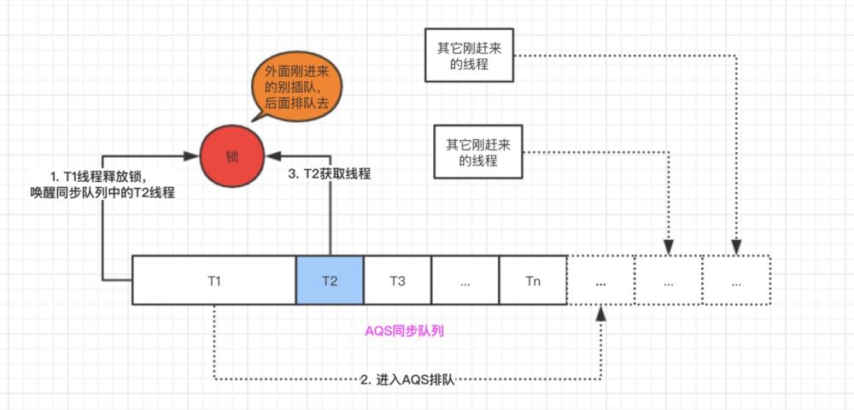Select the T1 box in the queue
pyautogui.click(x=214, y=279)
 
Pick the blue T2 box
pyautogui.click(x=330, y=279)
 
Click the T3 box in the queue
pyautogui.click(x=397, y=279)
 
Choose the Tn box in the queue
pyautogui.click(x=533, y=279)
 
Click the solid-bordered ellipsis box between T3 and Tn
pyautogui.click(x=465, y=279)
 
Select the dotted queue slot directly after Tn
pyautogui.click(x=600, y=279)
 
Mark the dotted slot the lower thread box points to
pyautogui.click(x=668, y=279)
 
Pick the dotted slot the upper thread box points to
pyautogui.click(x=736, y=279)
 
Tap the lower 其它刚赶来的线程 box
pyautogui.click(x=478, y=152)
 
